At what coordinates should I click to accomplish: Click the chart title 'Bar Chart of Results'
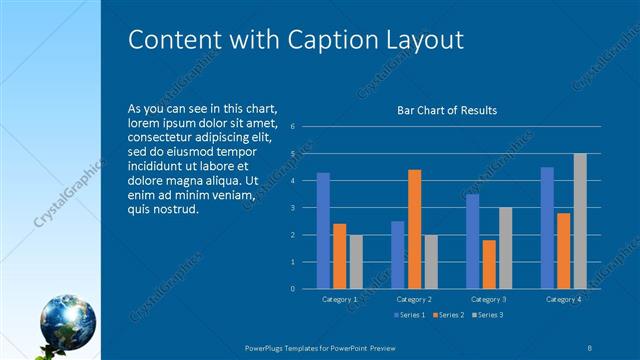(447, 110)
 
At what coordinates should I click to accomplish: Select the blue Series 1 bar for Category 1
(323, 231)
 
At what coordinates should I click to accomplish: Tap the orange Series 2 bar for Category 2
(414, 229)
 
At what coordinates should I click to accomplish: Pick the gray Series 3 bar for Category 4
(580, 221)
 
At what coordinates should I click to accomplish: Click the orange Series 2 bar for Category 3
(489, 264)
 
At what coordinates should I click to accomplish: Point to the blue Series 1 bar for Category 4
(547, 228)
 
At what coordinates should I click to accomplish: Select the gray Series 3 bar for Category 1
(356, 261)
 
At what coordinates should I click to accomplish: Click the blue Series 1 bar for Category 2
(398, 255)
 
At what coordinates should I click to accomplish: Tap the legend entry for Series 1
(410, 315)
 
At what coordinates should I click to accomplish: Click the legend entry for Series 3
(487, 315)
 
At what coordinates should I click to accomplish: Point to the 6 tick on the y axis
(292, 127)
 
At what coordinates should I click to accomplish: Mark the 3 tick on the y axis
(292, 208)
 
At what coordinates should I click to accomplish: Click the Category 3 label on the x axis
(489, 299)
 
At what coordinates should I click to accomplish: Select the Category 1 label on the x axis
(340, 299)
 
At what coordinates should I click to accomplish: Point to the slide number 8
(590, 346)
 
